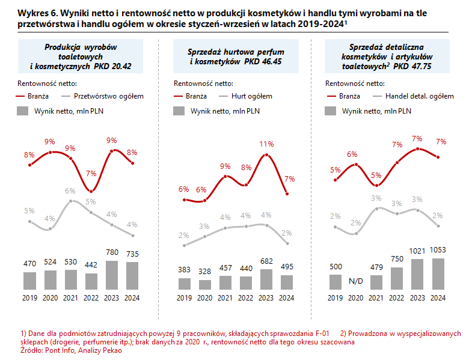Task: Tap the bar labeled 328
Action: tap(204, 285)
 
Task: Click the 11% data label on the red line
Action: tap(266, 144)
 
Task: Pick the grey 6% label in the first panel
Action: tap(70, 191)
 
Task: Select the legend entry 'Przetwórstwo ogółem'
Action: tap(108, 96)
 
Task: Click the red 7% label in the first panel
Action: tap(91, 174)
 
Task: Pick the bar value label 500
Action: tap(336, 266)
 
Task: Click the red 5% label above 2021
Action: tap(376, 175)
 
